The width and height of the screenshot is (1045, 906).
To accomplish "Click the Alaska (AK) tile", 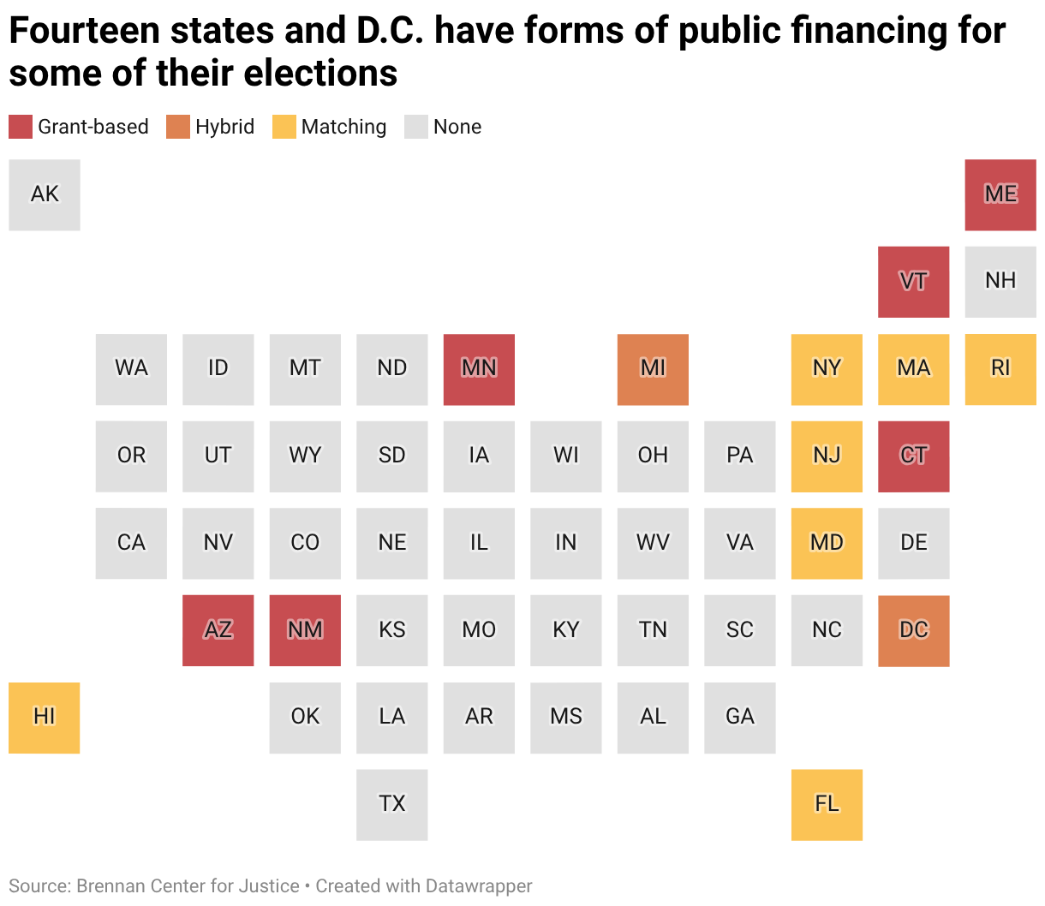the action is pos(45,195).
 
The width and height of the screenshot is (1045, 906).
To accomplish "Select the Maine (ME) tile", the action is pos(1000,195).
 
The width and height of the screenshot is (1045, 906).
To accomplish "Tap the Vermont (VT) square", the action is pos(913,282).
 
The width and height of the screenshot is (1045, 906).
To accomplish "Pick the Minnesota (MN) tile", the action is pos(479,370).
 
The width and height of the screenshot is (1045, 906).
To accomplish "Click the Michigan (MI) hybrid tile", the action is pos(653,370).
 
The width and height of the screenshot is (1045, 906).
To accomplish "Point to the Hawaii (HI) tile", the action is pos(45,718).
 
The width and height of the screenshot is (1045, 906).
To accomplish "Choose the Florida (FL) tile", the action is pos(827,805).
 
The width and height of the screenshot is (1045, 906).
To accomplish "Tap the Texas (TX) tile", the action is pos(391,805).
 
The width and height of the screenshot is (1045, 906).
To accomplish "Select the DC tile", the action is pos(913,631).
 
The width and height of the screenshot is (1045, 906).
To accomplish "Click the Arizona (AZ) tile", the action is pos(218,630).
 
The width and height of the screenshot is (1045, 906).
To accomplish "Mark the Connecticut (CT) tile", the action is pos(913,456).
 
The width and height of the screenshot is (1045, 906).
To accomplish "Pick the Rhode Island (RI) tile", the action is pos(1000,370).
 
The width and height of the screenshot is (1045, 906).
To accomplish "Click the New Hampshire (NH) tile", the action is pos(1000,282).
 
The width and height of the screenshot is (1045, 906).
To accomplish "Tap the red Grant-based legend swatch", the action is pos(21,127).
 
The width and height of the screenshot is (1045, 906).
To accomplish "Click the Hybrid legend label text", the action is pos(225,127).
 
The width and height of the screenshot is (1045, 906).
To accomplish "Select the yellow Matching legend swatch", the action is pos(284,127).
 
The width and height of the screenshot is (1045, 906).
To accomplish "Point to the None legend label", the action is pos(457,127).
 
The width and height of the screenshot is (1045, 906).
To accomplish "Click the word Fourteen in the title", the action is pos(84,30).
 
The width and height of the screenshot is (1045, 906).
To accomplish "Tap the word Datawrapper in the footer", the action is pos(479,885).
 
